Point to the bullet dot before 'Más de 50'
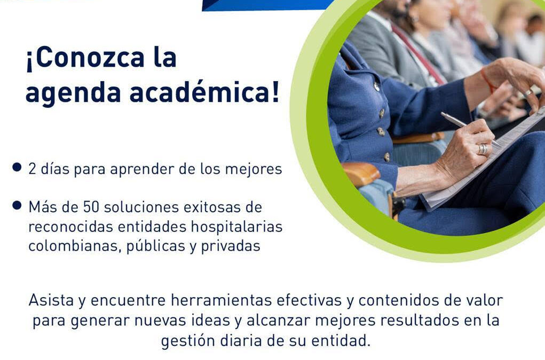tap(18, 205)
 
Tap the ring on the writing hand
tap(482, 149)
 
